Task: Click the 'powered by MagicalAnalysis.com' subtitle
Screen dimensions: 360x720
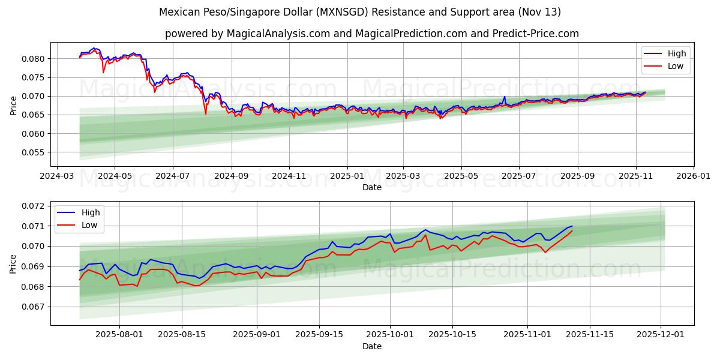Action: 372,34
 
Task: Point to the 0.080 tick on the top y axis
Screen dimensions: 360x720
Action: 34,59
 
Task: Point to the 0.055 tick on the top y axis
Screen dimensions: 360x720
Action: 34,152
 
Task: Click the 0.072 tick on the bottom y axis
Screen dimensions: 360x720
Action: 34,206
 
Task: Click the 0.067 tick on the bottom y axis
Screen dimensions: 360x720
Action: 34,307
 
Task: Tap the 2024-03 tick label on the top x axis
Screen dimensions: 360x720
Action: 56,176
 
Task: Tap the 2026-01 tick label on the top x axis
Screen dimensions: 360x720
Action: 694,176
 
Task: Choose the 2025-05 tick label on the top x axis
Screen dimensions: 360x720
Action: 461,176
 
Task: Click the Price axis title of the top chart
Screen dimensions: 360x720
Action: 13,104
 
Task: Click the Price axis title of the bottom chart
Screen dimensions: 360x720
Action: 13,263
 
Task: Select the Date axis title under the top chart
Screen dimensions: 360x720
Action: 372,187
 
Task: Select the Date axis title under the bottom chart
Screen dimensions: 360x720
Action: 372,347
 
